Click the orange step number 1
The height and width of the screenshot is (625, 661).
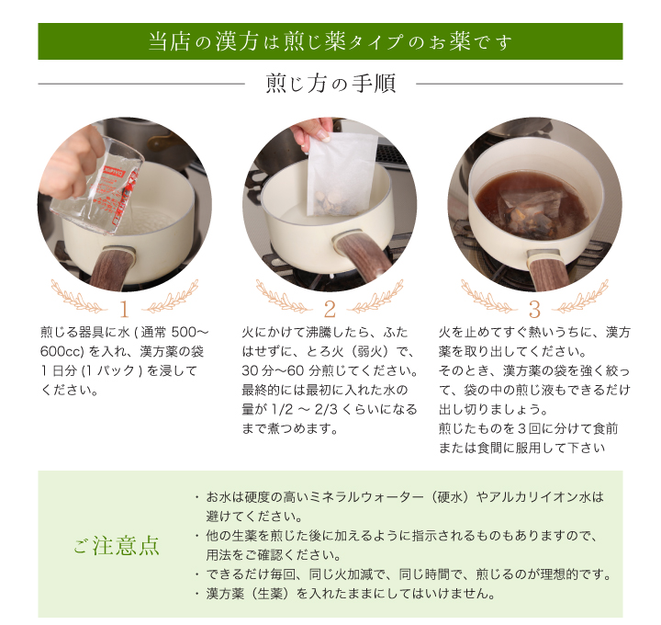[124, 310]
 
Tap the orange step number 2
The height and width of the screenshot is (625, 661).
[330, 310]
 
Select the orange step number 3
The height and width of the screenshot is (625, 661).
[534, 310]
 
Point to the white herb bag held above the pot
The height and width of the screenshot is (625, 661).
[341, 176]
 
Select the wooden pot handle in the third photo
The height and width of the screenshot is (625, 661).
[547, 272]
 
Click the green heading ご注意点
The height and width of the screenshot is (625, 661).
[117, 545]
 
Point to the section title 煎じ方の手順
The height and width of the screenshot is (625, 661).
[330, 84]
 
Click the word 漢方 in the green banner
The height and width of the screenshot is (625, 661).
[237, 41]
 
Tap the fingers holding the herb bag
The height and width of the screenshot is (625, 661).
[311, 131]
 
